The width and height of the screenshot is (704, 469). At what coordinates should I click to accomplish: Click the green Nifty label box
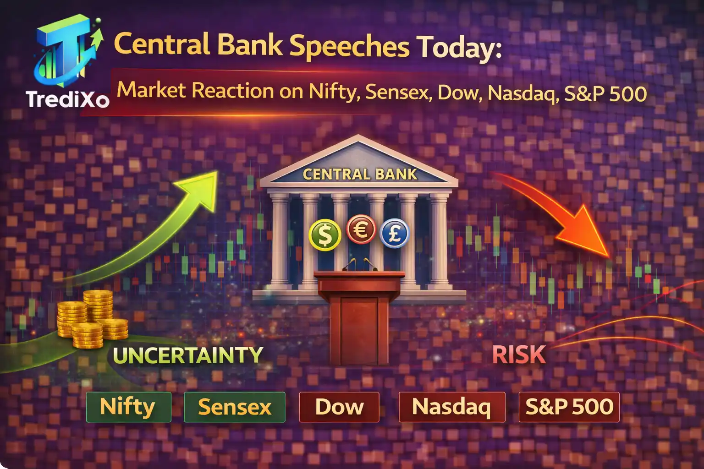click(128, 407)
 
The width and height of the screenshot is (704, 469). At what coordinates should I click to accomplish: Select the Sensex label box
click(234, 407)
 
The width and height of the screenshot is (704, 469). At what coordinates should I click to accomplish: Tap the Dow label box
click(339, 407)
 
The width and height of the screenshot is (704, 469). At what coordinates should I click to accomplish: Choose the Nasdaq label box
click(451, 407)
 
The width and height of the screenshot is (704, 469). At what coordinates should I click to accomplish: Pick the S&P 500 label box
click(569, 407)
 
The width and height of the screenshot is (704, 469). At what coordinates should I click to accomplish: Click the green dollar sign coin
click(325, 234)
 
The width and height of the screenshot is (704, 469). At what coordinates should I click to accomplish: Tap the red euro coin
click(361, 229)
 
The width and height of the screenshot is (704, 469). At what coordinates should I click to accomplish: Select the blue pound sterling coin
click(394, 233)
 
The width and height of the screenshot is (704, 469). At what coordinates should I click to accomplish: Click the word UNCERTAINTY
click(188, 355)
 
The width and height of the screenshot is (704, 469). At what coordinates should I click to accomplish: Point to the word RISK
click(519, 354)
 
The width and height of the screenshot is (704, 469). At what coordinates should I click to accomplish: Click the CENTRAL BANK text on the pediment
click(360, 175)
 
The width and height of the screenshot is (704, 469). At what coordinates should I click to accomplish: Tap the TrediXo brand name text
click(67, 99)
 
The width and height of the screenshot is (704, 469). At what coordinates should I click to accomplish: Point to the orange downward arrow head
click(591, 234)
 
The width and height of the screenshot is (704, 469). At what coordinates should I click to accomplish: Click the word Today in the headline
click(458, 48)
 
